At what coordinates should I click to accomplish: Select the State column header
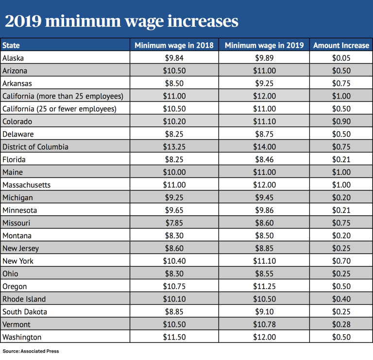tap(11, 45)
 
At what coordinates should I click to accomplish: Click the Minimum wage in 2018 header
tap(174, 45)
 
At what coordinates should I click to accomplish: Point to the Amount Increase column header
tap(341, 45)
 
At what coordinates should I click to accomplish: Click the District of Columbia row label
tap(35, 147)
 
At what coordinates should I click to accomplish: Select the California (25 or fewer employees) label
tap(59, 109)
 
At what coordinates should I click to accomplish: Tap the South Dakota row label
tap(25, 312)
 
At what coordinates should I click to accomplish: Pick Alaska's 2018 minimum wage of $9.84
tap(174, 58)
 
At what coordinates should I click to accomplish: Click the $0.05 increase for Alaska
tap(341, 58)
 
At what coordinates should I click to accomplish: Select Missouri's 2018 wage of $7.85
tap(174, 223)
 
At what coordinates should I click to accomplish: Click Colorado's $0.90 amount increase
tap(341, 121)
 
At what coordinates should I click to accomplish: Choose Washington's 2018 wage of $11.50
tap(174, 337)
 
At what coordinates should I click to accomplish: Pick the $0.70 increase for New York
tap(341, 261)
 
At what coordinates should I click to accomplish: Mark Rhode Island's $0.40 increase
tap(341, 299)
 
